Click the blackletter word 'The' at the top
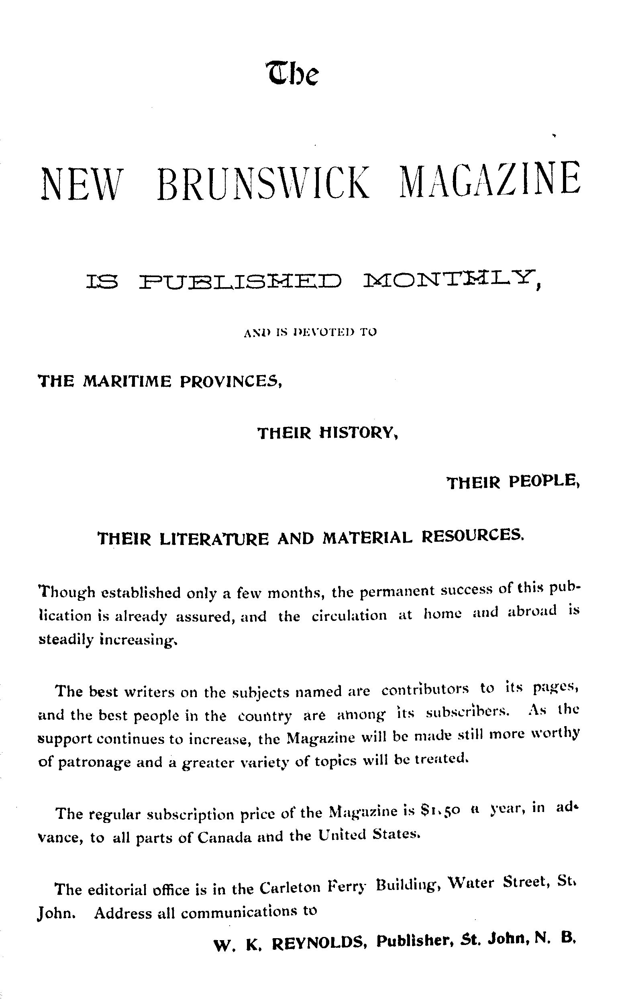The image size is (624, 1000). click(293, 73)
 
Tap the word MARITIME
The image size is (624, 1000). click(127, 381)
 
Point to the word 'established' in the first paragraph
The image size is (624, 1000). click(141, 593)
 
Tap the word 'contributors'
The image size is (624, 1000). click(425, 689)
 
